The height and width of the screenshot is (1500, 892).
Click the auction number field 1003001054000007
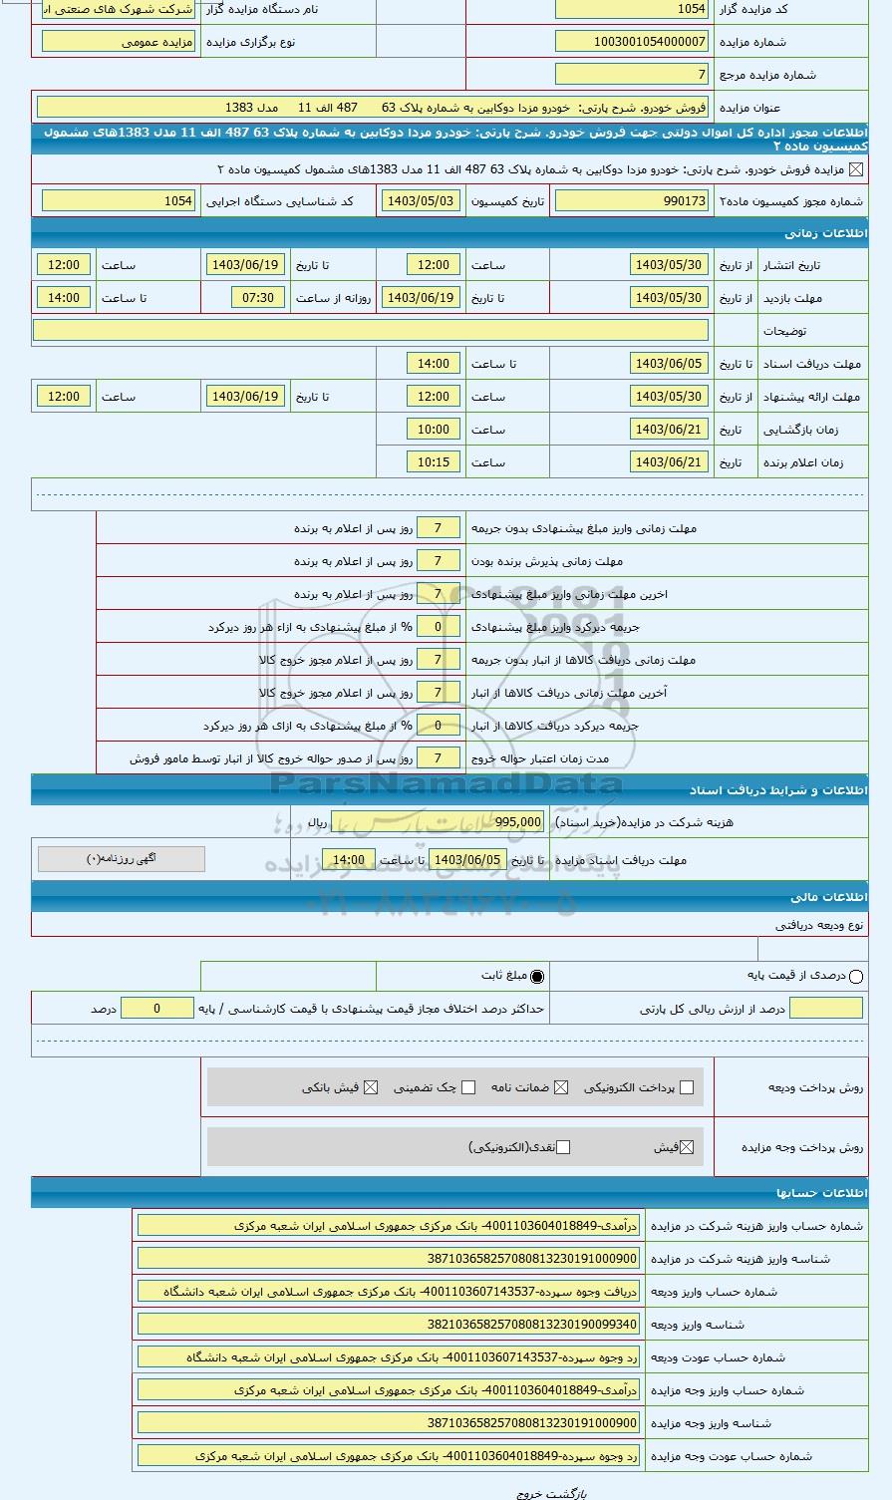tap(632, 42)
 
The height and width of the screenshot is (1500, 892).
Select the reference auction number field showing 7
tap(632, 75)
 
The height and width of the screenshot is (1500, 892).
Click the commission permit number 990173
tap(632, 201)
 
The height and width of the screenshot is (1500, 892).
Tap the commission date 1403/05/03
tap(420, 201)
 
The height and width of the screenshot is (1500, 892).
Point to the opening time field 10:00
tap(433, 430)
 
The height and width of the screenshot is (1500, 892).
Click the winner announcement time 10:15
tap(433, 462)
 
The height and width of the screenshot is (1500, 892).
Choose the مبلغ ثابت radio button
tap(538, 977)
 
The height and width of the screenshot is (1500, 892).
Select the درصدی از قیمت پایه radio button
tap(856, 977)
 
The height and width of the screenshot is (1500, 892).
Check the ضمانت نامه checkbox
tap(561, 1087)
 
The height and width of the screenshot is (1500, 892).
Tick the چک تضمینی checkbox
tap(468, 1087)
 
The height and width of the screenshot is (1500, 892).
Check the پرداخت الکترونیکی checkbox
tap(686, 1087)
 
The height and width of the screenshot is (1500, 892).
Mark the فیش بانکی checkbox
tap(371, 1087)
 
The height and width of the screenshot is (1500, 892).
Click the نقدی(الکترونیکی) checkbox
tap(563, 1147)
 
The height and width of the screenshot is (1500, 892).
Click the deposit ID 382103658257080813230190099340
tap(389, 1325)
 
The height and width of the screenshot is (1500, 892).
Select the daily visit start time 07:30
tap(258, 298)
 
